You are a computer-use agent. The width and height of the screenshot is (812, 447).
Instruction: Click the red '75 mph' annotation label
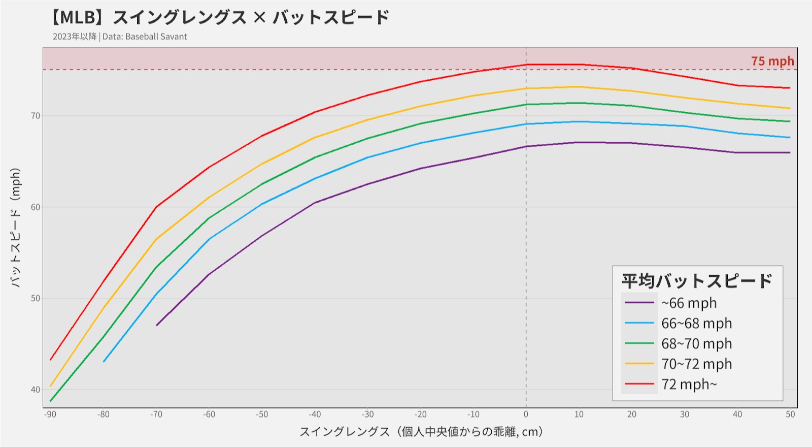coord(772,61)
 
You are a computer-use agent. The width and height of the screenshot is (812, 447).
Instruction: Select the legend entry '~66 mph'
coord(689,303)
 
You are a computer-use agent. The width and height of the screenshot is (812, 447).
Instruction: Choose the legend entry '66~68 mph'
coord(696,323)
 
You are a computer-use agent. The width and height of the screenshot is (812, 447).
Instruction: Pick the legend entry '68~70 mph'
coord(696,343)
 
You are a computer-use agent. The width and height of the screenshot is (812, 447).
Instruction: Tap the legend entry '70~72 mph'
coord(696,364)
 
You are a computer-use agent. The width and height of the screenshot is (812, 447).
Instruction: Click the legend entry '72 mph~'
coord(689,384)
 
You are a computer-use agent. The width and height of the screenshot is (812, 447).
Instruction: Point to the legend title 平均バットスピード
coord(697,280)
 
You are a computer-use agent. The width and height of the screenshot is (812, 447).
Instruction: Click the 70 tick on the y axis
coord(35,116)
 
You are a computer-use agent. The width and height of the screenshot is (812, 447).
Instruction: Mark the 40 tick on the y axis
coord(35,390)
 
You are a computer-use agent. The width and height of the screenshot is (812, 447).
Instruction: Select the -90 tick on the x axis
coord(50,414)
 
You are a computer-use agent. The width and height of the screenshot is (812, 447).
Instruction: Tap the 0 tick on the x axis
coord(526,414)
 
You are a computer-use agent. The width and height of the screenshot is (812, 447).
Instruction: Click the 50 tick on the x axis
coord(790,414)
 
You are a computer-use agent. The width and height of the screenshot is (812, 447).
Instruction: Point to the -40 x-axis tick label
coord(315,414)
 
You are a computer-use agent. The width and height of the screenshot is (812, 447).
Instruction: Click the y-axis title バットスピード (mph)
coord(16,228)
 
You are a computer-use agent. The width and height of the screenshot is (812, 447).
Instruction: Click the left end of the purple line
coord(157,325)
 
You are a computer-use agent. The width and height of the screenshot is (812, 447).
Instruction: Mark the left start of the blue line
coord(104,362)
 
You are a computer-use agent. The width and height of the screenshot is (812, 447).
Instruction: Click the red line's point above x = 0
coord(526,65)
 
